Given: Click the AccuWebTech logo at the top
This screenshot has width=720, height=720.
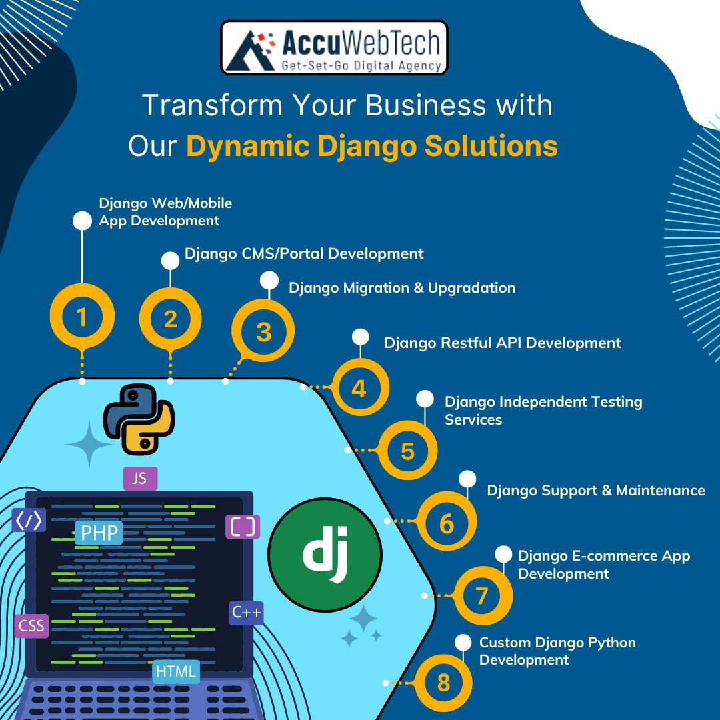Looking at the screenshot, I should tap(334, 47).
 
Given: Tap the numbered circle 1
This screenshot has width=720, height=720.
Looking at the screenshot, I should tap(82, 318).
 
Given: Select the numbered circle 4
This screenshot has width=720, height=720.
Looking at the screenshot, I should tap(359, 388).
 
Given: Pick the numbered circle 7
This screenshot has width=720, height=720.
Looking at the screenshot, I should tap(482, 595).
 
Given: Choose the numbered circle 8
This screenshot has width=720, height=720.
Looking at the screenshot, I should tap(443, 683).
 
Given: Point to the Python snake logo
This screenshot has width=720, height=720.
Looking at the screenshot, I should tap(139, 419).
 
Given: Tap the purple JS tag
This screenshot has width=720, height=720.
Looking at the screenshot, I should tap(140, 478).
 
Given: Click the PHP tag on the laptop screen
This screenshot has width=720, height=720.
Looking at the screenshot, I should tap(99, 533).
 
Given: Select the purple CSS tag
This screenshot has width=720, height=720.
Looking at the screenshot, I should tap(31, 625).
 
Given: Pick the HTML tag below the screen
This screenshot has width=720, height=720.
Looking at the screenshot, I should tap(176, 671).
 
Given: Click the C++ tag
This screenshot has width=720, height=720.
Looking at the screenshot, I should tap(246, 612).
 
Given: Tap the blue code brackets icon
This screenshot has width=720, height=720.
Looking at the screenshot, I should tap(29, 520).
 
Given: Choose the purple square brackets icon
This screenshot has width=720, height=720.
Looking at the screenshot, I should tap(243, 527).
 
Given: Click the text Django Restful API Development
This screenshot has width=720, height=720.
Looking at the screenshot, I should tap(502, 343).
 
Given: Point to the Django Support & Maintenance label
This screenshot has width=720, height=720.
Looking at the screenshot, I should tap(595, 491).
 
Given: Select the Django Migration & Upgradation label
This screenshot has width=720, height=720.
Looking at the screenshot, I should tap(401, 288).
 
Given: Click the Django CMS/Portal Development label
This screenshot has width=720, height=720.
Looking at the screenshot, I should tap(304, 253).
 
